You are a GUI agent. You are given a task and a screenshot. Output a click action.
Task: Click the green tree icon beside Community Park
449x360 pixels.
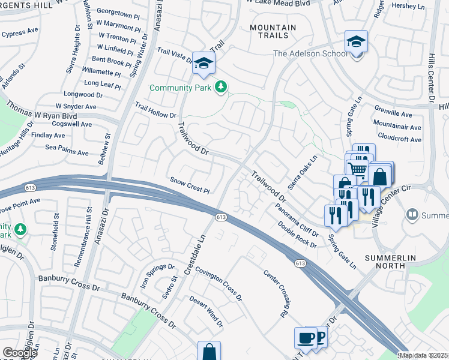click(221, 88)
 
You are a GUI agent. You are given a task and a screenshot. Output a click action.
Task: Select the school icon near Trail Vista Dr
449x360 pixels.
click(203, 63)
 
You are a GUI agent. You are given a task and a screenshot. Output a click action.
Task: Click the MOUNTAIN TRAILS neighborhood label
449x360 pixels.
click(273, 32)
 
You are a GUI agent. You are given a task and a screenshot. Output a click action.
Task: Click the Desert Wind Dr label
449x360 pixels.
click(206, 313)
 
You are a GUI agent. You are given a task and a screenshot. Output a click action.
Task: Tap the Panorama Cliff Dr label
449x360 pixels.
click(297, 216)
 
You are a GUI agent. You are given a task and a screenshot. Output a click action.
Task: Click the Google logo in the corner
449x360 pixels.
click(20, 353)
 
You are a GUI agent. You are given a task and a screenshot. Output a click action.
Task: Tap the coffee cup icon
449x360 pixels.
click(305, 337)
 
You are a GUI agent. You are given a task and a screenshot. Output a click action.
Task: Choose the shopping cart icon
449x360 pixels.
click(358, 169)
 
